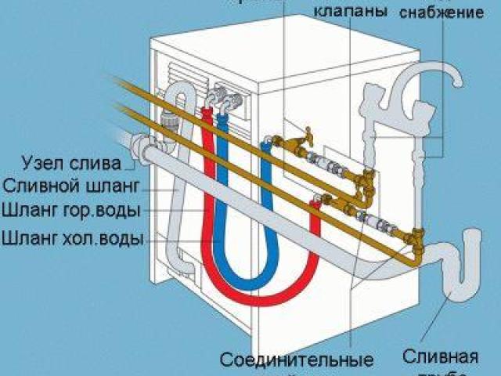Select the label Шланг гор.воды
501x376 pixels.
(71, 211)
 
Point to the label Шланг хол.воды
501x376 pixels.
(71, 236)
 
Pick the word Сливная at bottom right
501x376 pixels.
(441, 358)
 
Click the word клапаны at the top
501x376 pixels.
(350, 13)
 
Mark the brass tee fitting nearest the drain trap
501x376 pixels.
(414, 235)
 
